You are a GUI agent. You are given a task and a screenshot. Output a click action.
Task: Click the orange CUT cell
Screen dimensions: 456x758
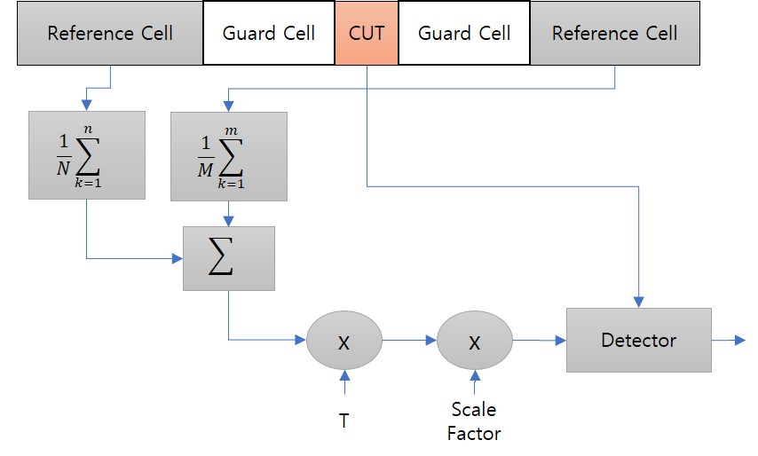click(x=367, y=34)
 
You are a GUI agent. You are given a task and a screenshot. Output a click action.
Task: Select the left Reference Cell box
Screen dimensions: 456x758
click(x=110, y=34)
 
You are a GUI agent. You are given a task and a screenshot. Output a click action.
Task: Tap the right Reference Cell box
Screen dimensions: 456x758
click(x=614, y=34)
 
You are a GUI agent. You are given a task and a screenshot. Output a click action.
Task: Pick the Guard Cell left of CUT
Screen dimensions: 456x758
click(x=269, y=34)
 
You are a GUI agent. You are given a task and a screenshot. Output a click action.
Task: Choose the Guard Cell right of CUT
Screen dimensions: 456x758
click(x=464, y=34)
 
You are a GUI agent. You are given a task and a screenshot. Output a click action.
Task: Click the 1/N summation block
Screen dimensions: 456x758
click(x=86, y=154)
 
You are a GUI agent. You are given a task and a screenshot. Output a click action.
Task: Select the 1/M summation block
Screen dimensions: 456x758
click(x=229, y=154)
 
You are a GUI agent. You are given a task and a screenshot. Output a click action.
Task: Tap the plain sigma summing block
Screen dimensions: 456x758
click(x=229, y=258)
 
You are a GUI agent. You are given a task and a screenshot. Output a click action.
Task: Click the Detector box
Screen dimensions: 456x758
click(x=639, y=340)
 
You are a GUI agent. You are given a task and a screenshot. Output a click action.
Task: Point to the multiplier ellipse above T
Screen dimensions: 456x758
click(x=344, y=340)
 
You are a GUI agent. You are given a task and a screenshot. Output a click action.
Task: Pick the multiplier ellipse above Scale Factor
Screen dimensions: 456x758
click(x=475, y=340)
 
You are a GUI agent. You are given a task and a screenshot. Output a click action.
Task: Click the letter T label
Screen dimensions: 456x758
click(x=344, y=421)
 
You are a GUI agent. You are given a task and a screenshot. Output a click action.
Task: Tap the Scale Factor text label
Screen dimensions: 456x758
click(x=474, y=421)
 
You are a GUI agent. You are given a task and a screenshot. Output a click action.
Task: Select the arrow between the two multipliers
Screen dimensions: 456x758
click(x=409, y=340)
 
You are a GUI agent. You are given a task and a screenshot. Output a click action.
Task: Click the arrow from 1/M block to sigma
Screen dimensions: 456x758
click(x=229, y=213)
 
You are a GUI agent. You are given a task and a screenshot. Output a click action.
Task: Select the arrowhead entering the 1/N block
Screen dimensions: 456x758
click(x=86, y=106)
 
